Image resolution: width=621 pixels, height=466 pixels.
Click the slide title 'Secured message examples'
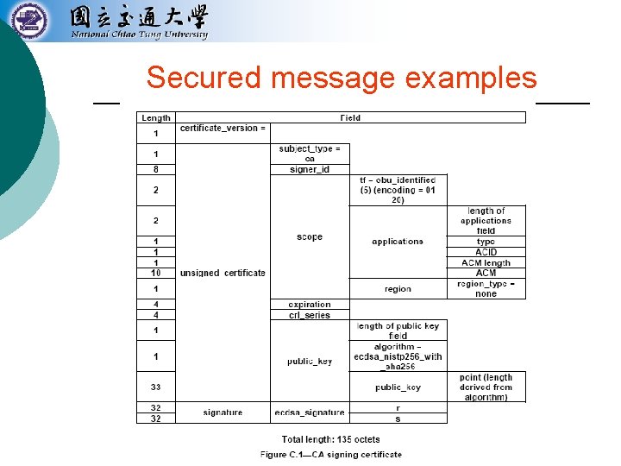[342, 78]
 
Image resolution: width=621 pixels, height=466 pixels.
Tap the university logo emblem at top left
[31, 20]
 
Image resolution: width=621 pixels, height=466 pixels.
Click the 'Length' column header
[156, 118]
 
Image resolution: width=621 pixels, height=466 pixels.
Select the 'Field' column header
[350, 118]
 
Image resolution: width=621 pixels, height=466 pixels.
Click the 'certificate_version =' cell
[223, 129]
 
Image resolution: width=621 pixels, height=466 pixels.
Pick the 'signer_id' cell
[310, 169]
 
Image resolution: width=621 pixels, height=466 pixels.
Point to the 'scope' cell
[310, 236]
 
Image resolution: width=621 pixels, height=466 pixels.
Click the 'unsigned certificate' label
[223, 273]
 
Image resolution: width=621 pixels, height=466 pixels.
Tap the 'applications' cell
[398, 242]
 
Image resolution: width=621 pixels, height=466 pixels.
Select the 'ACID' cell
[486, 252]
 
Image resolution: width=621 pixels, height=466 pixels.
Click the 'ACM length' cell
[486, 262]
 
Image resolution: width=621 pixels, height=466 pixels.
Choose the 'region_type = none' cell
[486, 288]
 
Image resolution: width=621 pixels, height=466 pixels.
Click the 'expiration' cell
[310, 305]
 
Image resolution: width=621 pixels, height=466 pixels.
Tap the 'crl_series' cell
[310, 315]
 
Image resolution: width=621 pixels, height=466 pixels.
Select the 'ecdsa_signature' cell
[310, 412]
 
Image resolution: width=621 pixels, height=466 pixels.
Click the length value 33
[156, 387]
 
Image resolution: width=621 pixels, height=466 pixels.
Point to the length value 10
[156, 273]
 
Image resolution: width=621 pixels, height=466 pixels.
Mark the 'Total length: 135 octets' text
[330, 439]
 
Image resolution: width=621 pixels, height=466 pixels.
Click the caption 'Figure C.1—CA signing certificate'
[330, 455]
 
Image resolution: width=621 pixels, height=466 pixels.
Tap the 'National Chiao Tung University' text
[139, 35]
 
